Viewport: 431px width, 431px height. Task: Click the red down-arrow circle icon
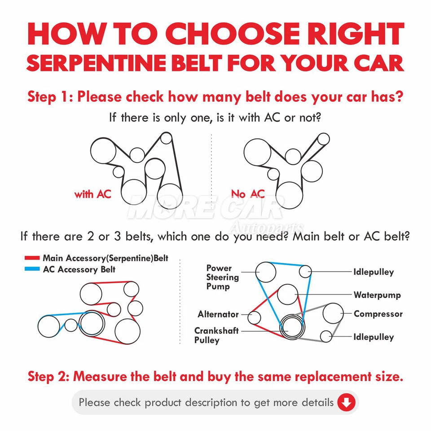345,403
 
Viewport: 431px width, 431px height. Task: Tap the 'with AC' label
92,194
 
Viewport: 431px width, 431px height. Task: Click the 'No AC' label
248,194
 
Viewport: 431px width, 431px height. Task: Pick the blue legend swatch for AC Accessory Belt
32,270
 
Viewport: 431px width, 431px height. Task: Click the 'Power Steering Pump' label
222,277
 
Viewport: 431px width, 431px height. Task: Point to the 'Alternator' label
218,314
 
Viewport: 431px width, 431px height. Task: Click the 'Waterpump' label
377,295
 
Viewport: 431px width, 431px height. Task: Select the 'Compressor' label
378,314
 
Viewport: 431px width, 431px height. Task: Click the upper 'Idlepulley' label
373,272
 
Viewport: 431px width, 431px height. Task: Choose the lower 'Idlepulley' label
373,337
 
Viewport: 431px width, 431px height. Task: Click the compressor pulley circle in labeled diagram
333,313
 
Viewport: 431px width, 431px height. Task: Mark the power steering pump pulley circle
265,271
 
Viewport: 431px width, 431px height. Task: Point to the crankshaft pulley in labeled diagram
290,326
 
